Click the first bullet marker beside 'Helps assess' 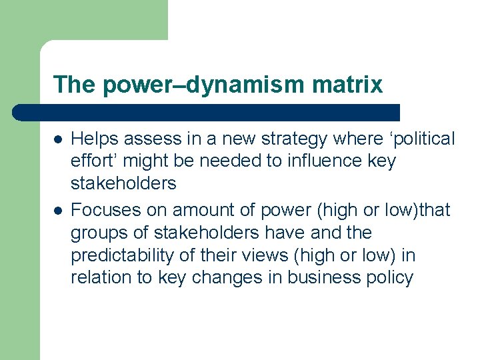coord(58,139)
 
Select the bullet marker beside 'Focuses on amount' coord(58,211)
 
